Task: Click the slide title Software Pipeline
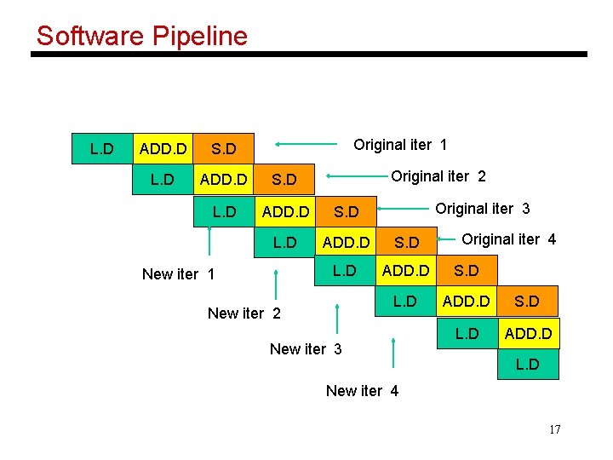141,36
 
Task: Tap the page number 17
554,428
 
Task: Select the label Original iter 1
400,145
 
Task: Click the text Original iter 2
438,176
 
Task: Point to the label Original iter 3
483,209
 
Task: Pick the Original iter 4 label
509,239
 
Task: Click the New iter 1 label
178,273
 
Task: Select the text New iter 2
244,313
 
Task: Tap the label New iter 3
306,348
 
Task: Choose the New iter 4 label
362,391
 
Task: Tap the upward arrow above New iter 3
338,319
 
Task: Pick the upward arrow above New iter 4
392,354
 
